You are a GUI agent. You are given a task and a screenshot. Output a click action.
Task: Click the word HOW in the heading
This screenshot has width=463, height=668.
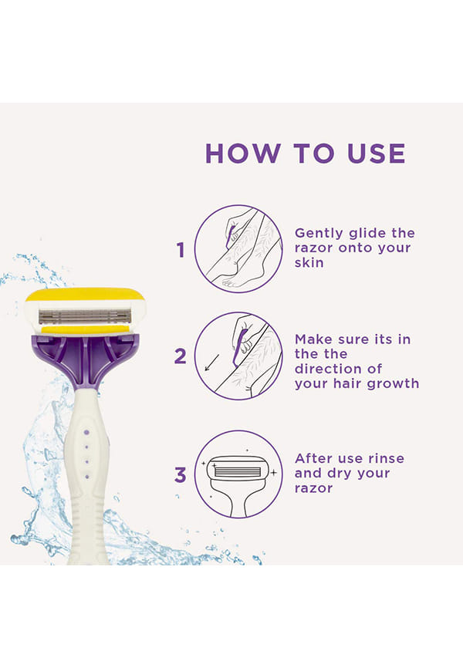point(243,154)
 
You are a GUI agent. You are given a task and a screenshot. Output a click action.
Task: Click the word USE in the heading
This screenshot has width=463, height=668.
point(376,154)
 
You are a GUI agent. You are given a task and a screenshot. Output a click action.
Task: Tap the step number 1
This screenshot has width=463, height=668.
point(181,250)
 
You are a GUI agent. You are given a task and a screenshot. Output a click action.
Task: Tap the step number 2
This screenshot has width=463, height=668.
point(181,356)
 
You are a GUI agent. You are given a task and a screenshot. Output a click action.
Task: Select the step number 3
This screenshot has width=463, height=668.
point(181,474)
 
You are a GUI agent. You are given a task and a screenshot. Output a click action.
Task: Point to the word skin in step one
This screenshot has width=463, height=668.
point(309,262)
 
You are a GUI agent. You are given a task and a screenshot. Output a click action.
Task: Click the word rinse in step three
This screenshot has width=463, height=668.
point(387,458)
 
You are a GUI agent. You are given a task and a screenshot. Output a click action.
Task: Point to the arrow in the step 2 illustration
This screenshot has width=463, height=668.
point(212,362)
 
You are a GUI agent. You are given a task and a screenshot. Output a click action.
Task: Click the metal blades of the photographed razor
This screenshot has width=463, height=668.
point(85,316)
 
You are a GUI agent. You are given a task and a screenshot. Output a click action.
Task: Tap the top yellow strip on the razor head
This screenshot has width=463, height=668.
point(85,295)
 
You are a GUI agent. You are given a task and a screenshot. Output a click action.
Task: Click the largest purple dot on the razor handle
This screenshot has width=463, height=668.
point(86,433)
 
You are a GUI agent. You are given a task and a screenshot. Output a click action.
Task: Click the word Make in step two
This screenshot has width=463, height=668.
point(314,339)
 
